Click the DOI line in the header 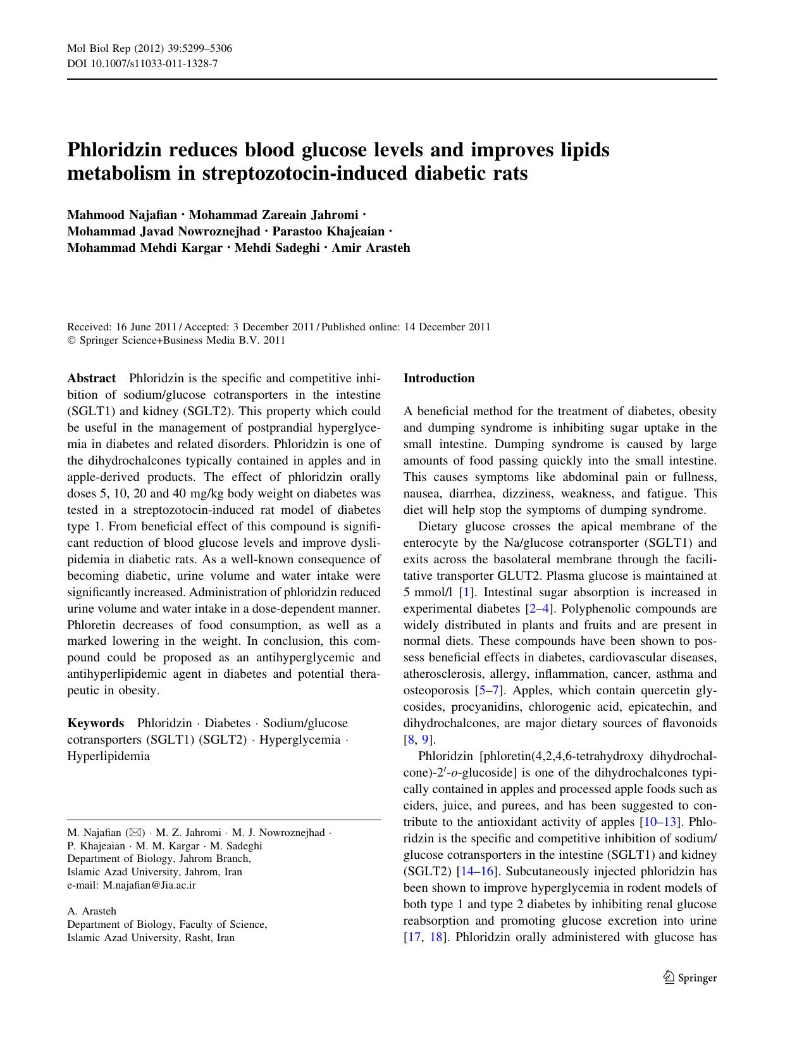click(x=142, y=63)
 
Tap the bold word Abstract click(x=91, y=378)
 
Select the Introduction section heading click(x=438, y=378)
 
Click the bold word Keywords click(x=96, y=723)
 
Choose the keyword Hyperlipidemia click(x=108, y=756)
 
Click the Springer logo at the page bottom click(x=690, y=977)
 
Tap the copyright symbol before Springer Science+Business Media click(x=71, y=340)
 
